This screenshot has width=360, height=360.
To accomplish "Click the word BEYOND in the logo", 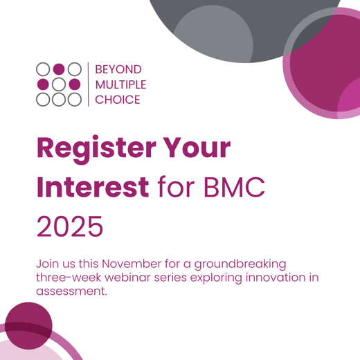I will click(118, 69).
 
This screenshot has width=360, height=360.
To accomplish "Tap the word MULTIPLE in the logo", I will click(120, 84).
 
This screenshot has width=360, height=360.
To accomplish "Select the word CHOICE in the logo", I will click(117, 100).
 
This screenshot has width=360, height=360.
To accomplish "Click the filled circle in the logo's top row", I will click(59, 69).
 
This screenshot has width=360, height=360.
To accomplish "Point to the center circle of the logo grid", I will click(59, 84).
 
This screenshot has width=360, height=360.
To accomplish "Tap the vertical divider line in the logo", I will click(89, 84).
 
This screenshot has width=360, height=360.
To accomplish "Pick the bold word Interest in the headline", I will click(93, 187).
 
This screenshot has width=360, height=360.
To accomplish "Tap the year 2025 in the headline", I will click(69, 226).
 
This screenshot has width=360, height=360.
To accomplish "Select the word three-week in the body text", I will click(65, 278).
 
